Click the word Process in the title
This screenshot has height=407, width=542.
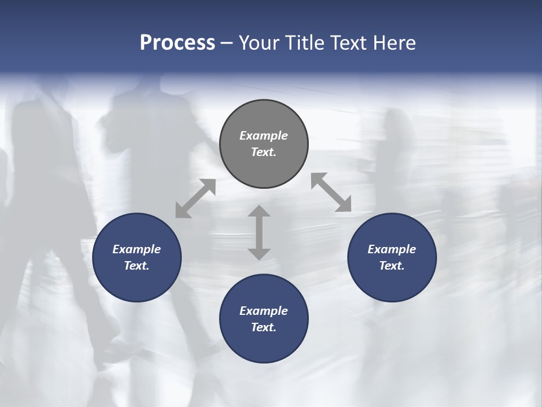(x=177, y=43)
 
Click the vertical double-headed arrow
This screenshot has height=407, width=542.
(x=259, y=232)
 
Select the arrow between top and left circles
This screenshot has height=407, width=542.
(x=195, y=198)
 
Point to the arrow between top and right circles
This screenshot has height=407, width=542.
(x=331, y=193)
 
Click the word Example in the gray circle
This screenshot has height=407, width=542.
(x=264, y=136)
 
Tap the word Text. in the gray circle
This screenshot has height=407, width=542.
(x=264, y=152)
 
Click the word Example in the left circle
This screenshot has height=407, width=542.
(x=137, y=249)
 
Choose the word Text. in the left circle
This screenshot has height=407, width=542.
(x=137, y=266)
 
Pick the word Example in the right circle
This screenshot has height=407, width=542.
(x=392, y=249)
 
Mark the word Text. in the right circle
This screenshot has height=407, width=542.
(x=392, y=266)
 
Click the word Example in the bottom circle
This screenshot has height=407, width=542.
(x=264, y=311)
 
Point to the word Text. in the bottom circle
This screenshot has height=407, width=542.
(x=264, y=327)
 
